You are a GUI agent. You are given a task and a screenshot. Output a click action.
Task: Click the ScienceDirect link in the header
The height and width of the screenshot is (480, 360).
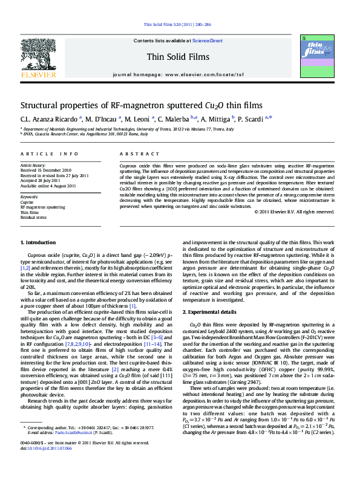(208, 41)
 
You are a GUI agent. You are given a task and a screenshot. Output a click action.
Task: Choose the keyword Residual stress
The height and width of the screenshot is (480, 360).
(34, 218)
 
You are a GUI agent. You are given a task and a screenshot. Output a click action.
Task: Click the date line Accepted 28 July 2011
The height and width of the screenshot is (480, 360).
(41, 180)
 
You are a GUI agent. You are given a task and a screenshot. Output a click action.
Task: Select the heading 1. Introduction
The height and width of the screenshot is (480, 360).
(38, 242)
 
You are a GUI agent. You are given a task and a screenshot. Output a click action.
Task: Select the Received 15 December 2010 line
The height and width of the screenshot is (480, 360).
(45, 170)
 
